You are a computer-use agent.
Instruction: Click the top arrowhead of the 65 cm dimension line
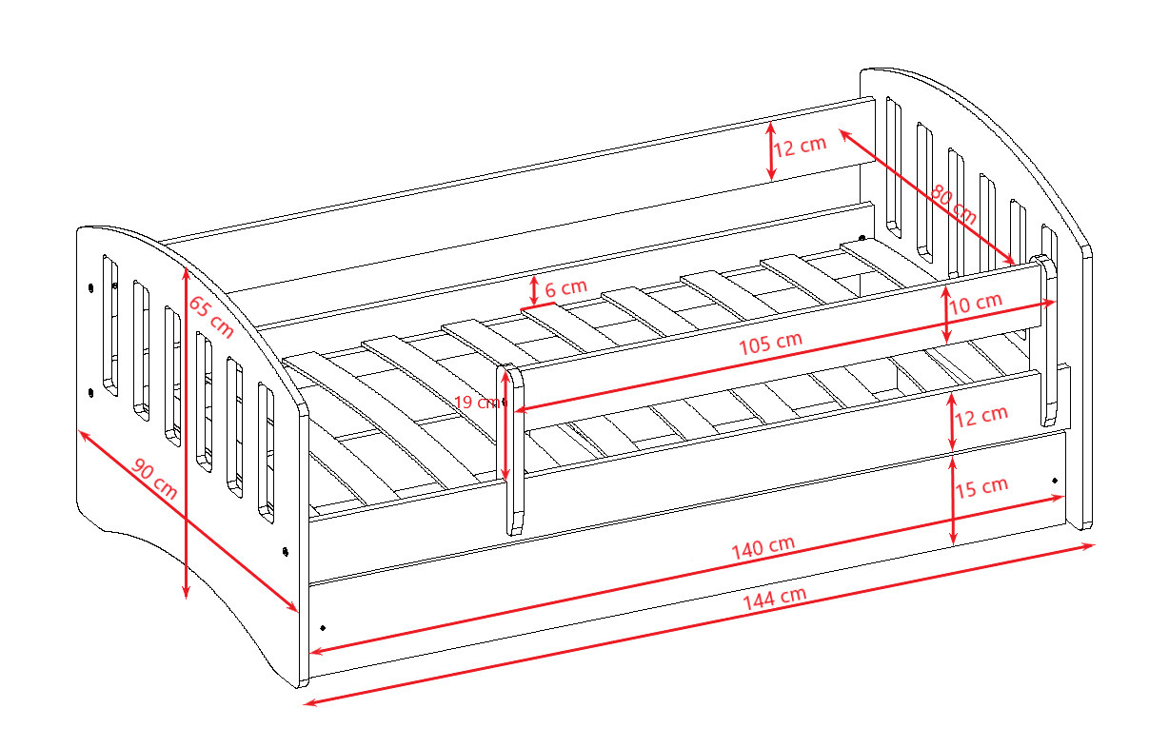(x=186, y=267)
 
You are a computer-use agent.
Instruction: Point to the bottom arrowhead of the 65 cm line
(x=186, y=599)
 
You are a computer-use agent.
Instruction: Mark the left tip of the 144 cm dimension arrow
(x=305, y=705)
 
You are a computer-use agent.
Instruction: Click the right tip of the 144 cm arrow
(x=1095, y=545)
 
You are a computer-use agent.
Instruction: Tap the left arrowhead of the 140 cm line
(x=310, y=652)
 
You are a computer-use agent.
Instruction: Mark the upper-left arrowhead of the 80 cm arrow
(x=840, y=129)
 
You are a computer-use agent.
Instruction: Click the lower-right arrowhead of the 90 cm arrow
(x=297, y=611)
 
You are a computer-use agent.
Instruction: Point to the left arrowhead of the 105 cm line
(x=515, y=410)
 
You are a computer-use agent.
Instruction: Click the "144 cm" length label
(x=775, y=599)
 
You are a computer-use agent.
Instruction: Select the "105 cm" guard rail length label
(x=770, y=344)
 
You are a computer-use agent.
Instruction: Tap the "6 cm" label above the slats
(x=565, y=287)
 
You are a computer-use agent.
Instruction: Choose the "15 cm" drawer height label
(x=981, y=487)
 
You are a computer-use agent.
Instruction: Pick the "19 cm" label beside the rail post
(x=477, y=403)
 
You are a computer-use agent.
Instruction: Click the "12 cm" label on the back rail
(x=800, y=146)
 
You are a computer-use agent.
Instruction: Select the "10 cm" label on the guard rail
(x=975, y=303)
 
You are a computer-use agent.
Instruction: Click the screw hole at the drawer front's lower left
(x=323, y=627)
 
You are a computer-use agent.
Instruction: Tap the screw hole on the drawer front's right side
(x=1055, y=481)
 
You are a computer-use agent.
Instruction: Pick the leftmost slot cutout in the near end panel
(x=110, y=325)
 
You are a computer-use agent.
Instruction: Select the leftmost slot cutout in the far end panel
(x=894, y=167)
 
